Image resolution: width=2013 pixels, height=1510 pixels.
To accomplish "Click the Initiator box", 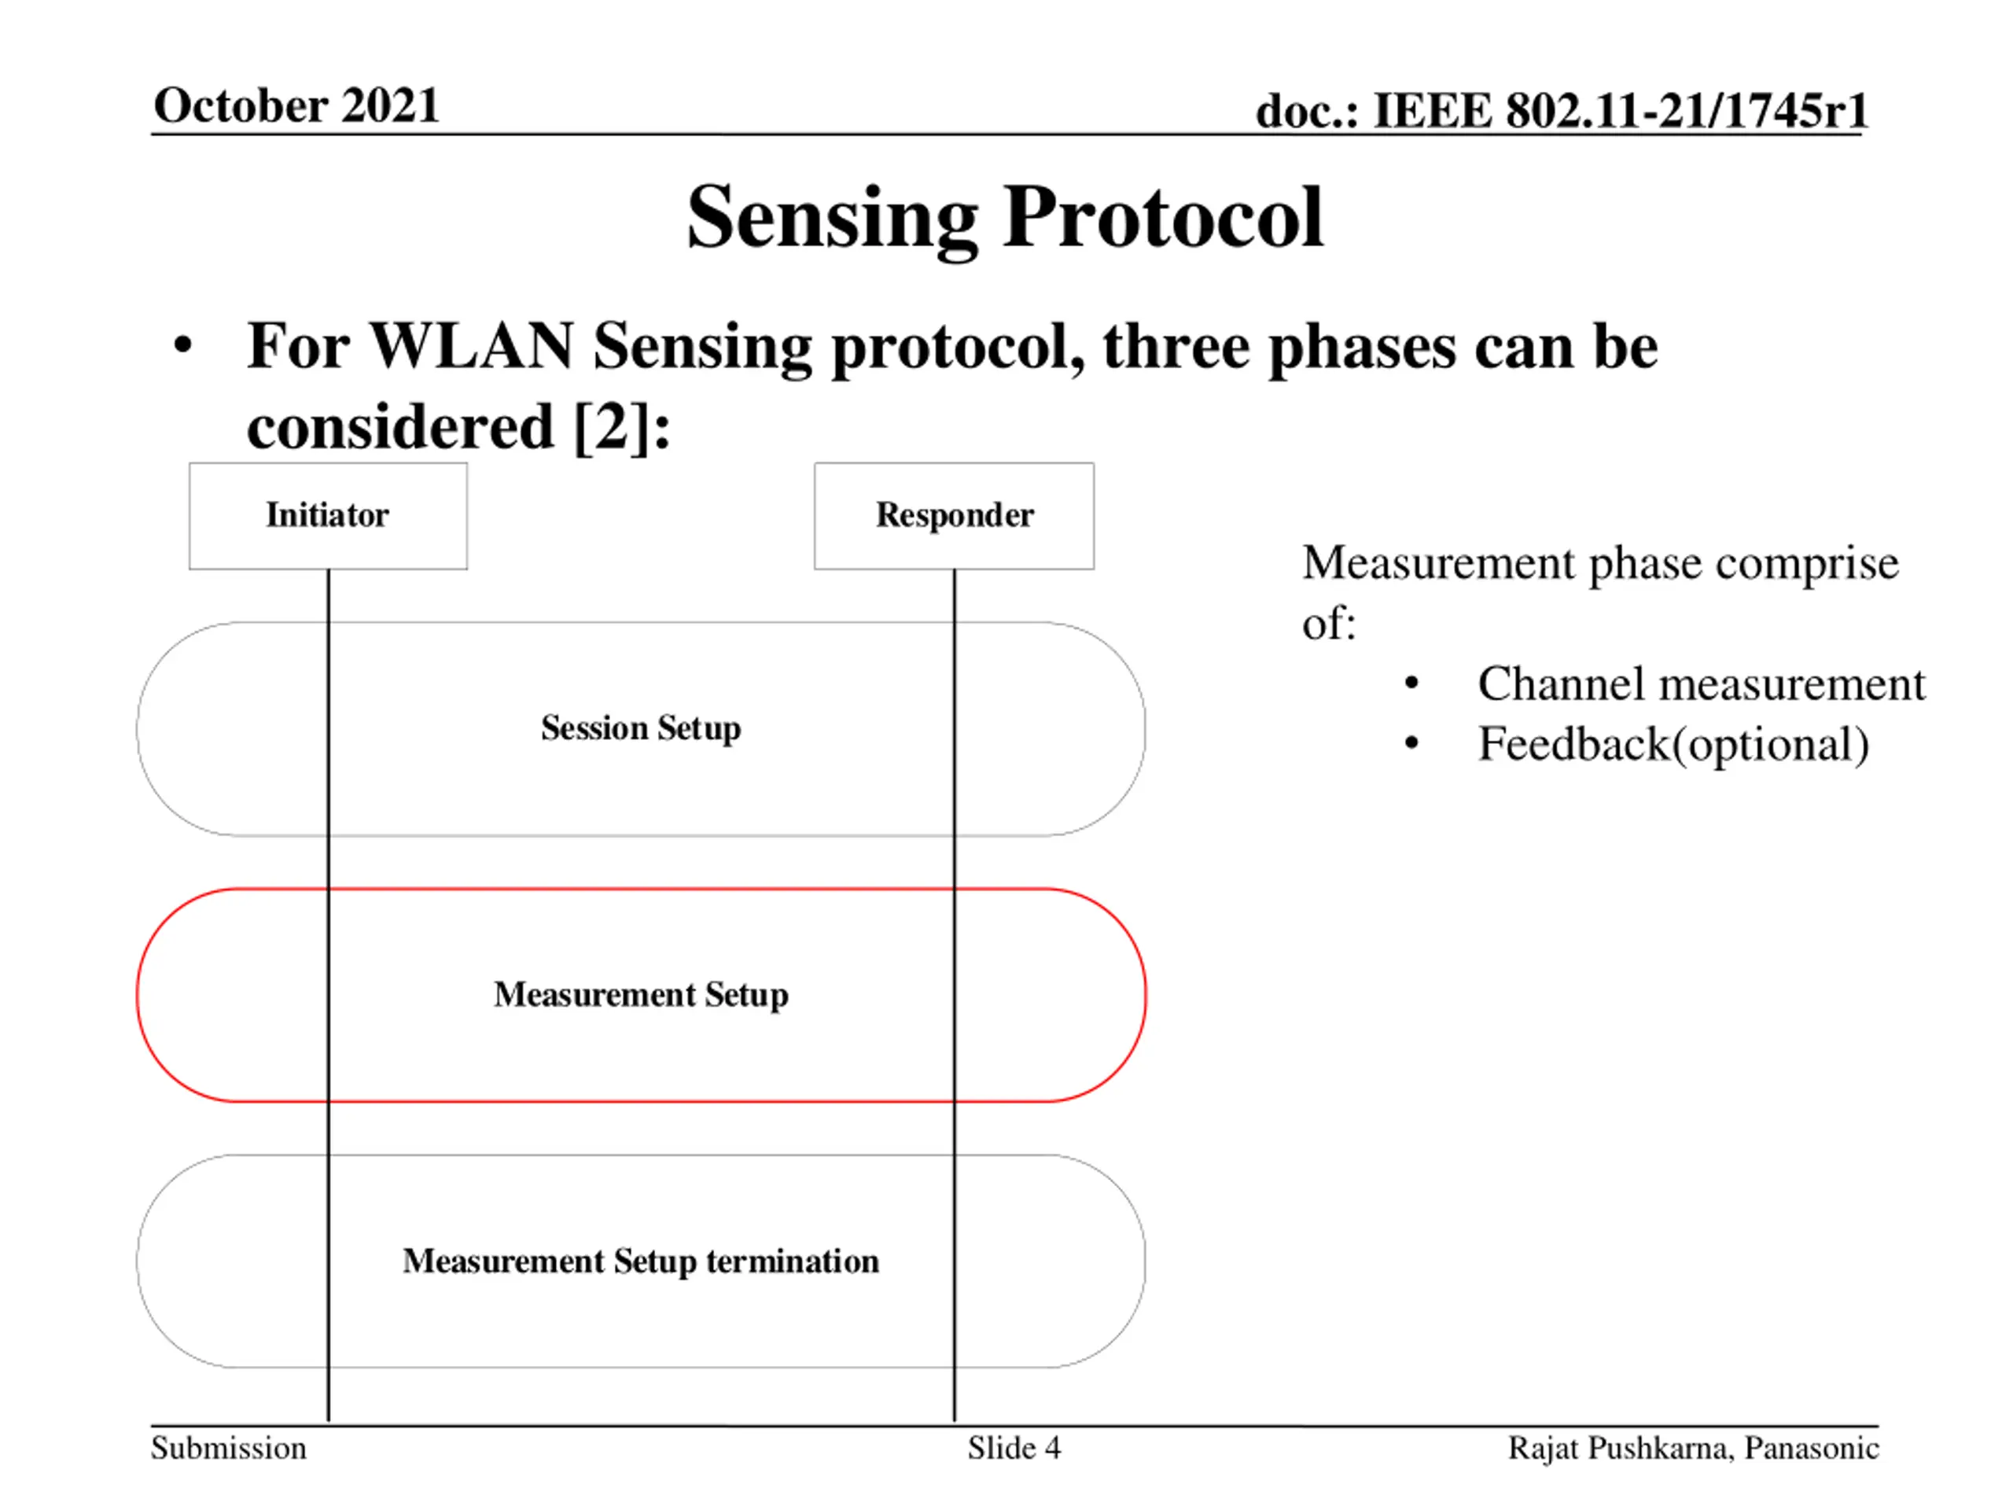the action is pos(328,515).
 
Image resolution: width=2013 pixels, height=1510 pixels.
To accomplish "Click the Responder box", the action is pos(954,515).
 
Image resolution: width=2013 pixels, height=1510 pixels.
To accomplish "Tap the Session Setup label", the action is pos(641,728).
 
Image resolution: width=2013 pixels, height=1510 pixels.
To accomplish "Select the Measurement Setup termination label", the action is pos(641,1261).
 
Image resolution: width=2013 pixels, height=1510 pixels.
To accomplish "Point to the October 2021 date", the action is pos(296,105).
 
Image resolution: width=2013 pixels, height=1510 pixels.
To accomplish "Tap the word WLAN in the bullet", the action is pos(471,347).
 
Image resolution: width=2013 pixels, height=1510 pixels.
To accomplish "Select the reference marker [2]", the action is pos(612,426).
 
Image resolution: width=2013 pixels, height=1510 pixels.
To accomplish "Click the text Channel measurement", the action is pos(1701,683).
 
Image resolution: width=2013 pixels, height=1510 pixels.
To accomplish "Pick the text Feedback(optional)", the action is pos(1673,744).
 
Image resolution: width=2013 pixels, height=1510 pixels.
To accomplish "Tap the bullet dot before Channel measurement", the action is pos(1411,683).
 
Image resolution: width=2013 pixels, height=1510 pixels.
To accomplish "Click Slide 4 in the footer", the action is pos(1014,1447).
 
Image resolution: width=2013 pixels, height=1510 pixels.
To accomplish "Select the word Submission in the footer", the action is pos(228,1447).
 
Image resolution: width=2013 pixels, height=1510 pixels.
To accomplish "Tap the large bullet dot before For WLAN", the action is pos(183,347).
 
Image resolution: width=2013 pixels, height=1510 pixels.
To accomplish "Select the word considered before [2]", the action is pos(400,426).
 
